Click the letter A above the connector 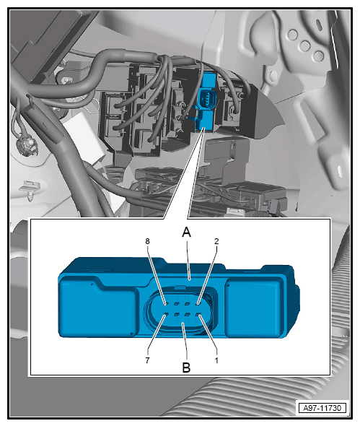click(187, 232)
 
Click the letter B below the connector click(187, 368)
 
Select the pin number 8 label click(147, 241)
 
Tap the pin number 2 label click(216, 241)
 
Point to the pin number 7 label click(147, 360)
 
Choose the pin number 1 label click(216, 360)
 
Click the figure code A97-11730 click(322, 408)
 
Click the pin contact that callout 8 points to click(166, 304)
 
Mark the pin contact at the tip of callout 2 click(198, 304)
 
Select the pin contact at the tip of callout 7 click(166, 315)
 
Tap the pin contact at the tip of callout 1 click(198, 315)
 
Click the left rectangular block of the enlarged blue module click(97, 306)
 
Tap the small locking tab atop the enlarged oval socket click(180, 287)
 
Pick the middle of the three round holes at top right click(305, 45)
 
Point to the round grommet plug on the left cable click(25, 145)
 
